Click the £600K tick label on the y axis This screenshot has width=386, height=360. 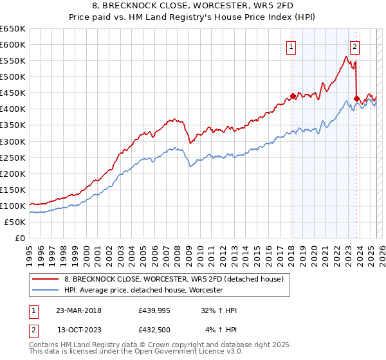point(13,44)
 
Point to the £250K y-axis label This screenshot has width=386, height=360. point(13,157)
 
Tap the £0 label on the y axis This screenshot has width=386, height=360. point(19,238)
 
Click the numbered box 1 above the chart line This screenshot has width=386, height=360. point(291,46)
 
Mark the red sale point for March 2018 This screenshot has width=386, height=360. point(293,96)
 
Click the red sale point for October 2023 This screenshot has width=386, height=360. point(356,98)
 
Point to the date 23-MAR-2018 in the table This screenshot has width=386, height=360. point(78,310)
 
